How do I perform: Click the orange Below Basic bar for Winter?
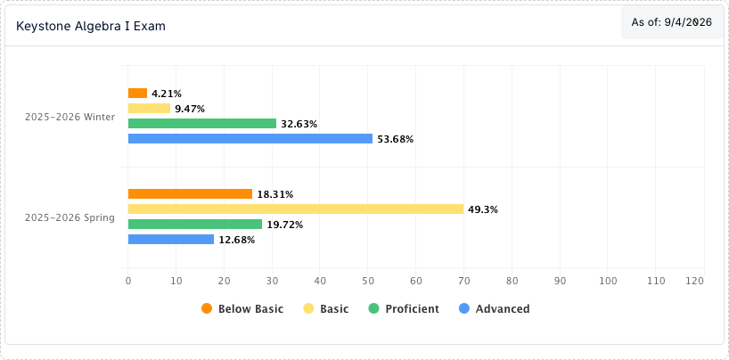pyautogui.click(x=137, y=93)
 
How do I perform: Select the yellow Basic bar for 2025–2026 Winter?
pyautogui.click(x=149, y=109)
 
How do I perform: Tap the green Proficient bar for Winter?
pyautogui.click(x=202, y=123)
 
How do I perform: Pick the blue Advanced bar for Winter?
pyautogui.click(x=250, y=139)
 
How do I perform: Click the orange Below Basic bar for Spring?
pyautogui.click(x=190, y=194)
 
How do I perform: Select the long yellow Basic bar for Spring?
pyautogui.click(x=296, y=209)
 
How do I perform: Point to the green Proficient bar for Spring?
pyautogui.click(x=195, y=225)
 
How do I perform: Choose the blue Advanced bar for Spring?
pyautogui.click(x=171, y=239)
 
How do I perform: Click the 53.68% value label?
pyautogui.click(x=395, y=139)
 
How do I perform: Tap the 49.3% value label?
pyautogui.click(x=483, y=209)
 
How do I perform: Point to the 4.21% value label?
pyautogui.click(x=167, y=94)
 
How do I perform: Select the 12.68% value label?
pyautogui.click(x=237, y=240)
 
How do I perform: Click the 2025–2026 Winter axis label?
pyautogui.click(x=70, y=118)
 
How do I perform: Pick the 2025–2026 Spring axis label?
pyautogui.click(x=70, y=217)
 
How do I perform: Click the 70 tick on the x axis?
pyautogui.click(x=464, y=281)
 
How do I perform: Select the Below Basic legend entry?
pyautogui.click(x=242, y=309)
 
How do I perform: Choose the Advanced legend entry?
pyautogui.click(x=495, y=309)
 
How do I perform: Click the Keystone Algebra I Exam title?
pyautogui.click(x=91, y=26)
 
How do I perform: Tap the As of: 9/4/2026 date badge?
pyautogui.click(x=671, y=22)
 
